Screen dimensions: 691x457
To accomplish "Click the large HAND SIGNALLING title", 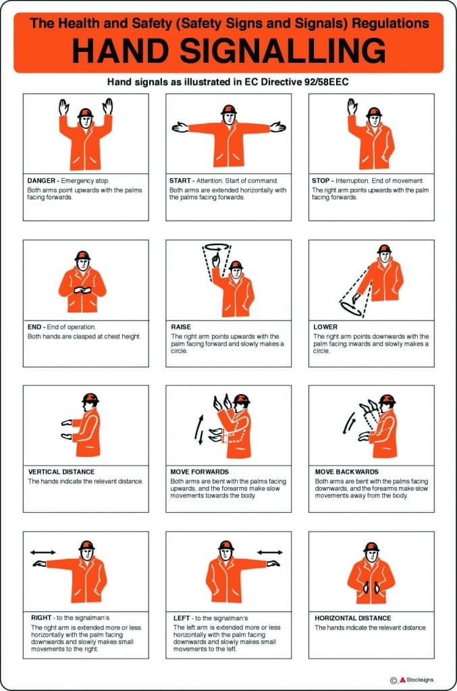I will click(228, 51).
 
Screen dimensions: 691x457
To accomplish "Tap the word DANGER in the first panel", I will click(41, 181).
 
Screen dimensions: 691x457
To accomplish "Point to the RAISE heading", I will click(182, 327).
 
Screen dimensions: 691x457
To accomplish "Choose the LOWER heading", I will click(326, 327).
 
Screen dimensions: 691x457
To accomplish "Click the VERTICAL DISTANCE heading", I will click(61, 472).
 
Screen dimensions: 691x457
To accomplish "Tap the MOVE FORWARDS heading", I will click(200, 472).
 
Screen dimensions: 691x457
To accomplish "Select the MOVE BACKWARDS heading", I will click(346, 472).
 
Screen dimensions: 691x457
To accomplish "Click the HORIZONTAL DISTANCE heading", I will click(352, 617).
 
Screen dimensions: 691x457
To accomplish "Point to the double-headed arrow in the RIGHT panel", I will click(43, 552).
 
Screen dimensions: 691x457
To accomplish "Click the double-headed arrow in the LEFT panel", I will click(270, 552).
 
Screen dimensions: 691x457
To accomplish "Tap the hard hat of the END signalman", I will click(82, 256).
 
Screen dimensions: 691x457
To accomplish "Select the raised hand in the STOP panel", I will click(352, 107).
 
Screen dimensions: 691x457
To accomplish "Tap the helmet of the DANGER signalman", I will click(85, 112).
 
